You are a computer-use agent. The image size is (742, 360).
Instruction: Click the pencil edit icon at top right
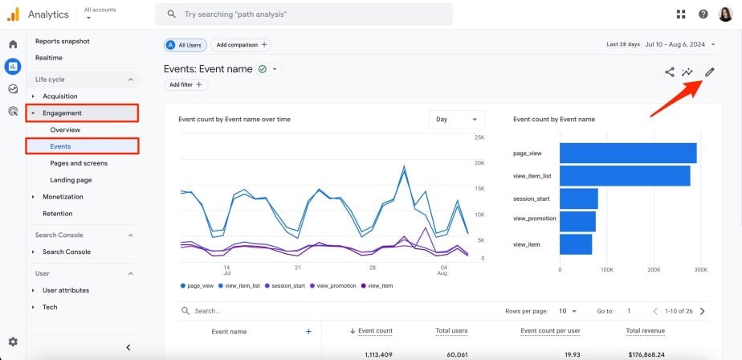tap(709, 72)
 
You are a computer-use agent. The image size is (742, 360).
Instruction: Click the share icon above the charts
tap(669, 72)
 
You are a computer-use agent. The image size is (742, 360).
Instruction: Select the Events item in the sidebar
tap(60, 146)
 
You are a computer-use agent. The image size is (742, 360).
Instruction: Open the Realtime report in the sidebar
tap(50, 58)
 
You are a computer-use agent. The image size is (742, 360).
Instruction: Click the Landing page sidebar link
tap(71, 180)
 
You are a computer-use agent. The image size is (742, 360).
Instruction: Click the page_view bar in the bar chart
tap(627, 153)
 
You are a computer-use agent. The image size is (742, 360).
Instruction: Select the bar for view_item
tap(575, 244)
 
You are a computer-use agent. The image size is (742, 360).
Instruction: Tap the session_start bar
tap(578, 198)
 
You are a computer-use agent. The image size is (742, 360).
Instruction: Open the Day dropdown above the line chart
tap(456, 120)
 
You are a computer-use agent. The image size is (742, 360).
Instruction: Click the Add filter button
tap(186, 84)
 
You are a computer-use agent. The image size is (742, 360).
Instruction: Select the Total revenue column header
tap(644, 331)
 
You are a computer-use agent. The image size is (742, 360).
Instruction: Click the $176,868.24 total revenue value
tap(644, 354)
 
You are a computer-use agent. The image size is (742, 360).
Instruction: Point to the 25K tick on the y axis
tap(478, 137)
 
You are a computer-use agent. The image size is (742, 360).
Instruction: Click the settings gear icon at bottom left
tap(13, 342)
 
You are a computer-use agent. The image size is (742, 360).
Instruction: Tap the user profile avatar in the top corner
tap(725, 14)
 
